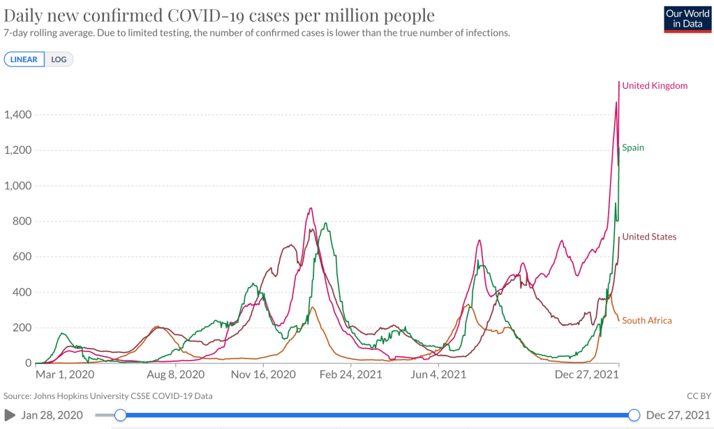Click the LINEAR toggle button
(24, 59)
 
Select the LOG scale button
(59, 59)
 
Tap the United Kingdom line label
(655, 86)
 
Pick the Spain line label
(633, 147)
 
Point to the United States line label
(649, 237)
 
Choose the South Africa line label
(647, 321)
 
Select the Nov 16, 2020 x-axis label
(263, 375)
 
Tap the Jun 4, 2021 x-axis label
(438, 375)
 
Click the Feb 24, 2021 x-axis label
(351, 375)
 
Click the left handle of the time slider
(120, 415)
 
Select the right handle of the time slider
(634, 415)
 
